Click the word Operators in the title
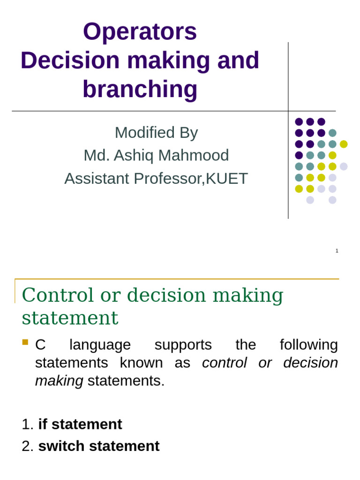coord(140,32)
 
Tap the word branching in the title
coord(140,89)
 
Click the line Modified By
coord(156,133)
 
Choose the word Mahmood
coord(201,155)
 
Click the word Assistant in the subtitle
coord(95,179)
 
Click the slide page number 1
coord(337,251)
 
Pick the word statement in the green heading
coord(70,318)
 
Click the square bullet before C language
coord(25,342)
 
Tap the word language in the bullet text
coord(100,345)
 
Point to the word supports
coord(183,345)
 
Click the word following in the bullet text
coord(308,345)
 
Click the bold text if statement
coord(80,424)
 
